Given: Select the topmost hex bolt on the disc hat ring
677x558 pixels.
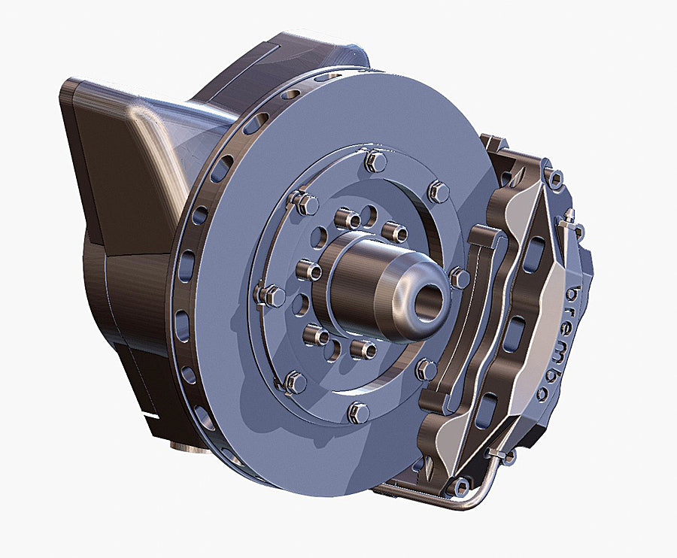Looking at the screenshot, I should [x=375, y=162].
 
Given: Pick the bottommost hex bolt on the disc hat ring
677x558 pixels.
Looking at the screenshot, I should [x=360, y=413].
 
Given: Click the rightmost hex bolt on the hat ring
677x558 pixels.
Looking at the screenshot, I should [x=460, y=278].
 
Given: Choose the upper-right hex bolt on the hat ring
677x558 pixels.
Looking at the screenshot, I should [x=438, y=191].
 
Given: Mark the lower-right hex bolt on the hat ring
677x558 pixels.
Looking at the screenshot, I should [x=426, y=369].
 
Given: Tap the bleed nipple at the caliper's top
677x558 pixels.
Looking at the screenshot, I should [x=569, y=216].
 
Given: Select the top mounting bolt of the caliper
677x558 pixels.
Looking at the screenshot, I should [x=553, y=178].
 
